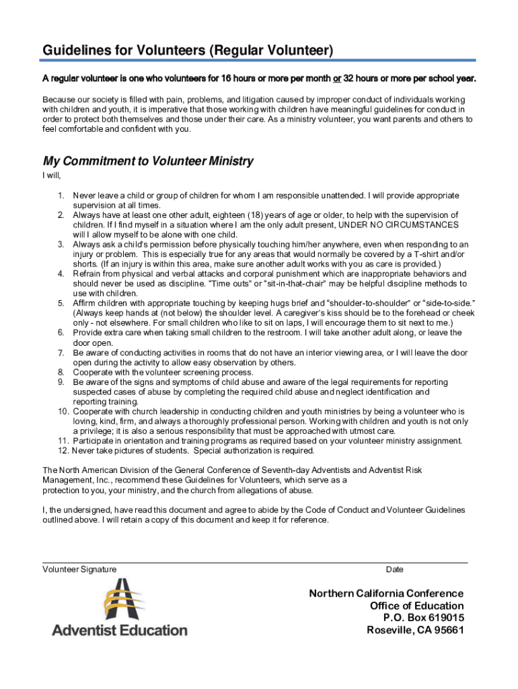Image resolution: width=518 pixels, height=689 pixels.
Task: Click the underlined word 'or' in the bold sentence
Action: coord(336,79)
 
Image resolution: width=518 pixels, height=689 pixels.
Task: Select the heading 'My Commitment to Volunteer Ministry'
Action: coord(148,161)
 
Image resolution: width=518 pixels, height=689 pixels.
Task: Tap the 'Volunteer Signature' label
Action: coord(79,569)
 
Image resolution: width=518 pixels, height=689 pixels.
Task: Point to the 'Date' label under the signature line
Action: coord(395,569)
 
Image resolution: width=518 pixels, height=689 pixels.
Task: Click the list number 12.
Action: coord(63,451)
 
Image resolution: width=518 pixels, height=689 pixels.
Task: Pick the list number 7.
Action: coord(61,353)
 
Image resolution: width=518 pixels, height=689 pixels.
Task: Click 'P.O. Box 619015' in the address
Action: coord(423,618)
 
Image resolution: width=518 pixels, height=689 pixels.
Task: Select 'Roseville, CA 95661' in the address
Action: coord(415,630)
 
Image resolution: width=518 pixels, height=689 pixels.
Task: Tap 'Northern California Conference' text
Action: coord(386,593)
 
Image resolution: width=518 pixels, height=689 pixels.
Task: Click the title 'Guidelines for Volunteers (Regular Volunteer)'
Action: coord(188,50)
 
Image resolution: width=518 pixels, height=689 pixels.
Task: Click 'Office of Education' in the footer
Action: coord(416,606)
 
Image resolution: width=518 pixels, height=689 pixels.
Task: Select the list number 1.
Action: coord(61,196)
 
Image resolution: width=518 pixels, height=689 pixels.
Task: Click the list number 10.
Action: coord(63,411)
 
